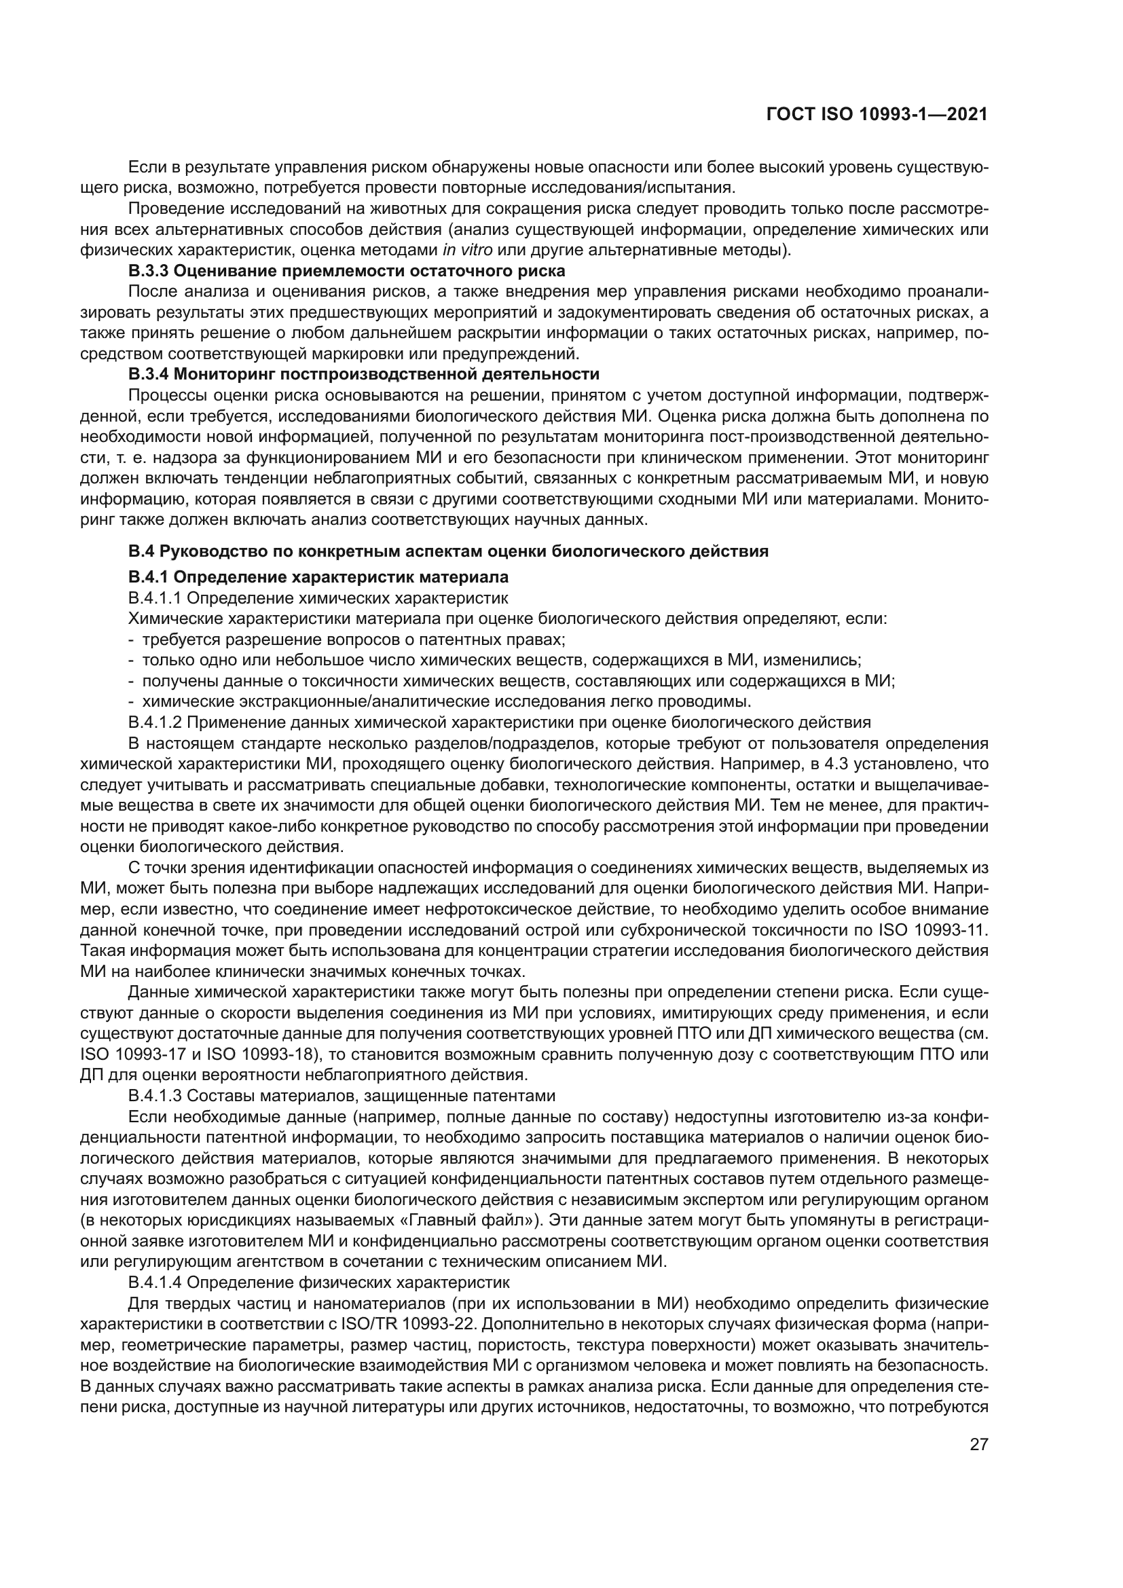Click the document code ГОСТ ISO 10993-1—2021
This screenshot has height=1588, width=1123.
876,115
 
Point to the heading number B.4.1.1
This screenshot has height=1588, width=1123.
155,597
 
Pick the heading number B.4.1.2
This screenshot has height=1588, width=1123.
155,723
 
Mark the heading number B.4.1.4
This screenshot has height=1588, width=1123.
155,1282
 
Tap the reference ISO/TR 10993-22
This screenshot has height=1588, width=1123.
400,1324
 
